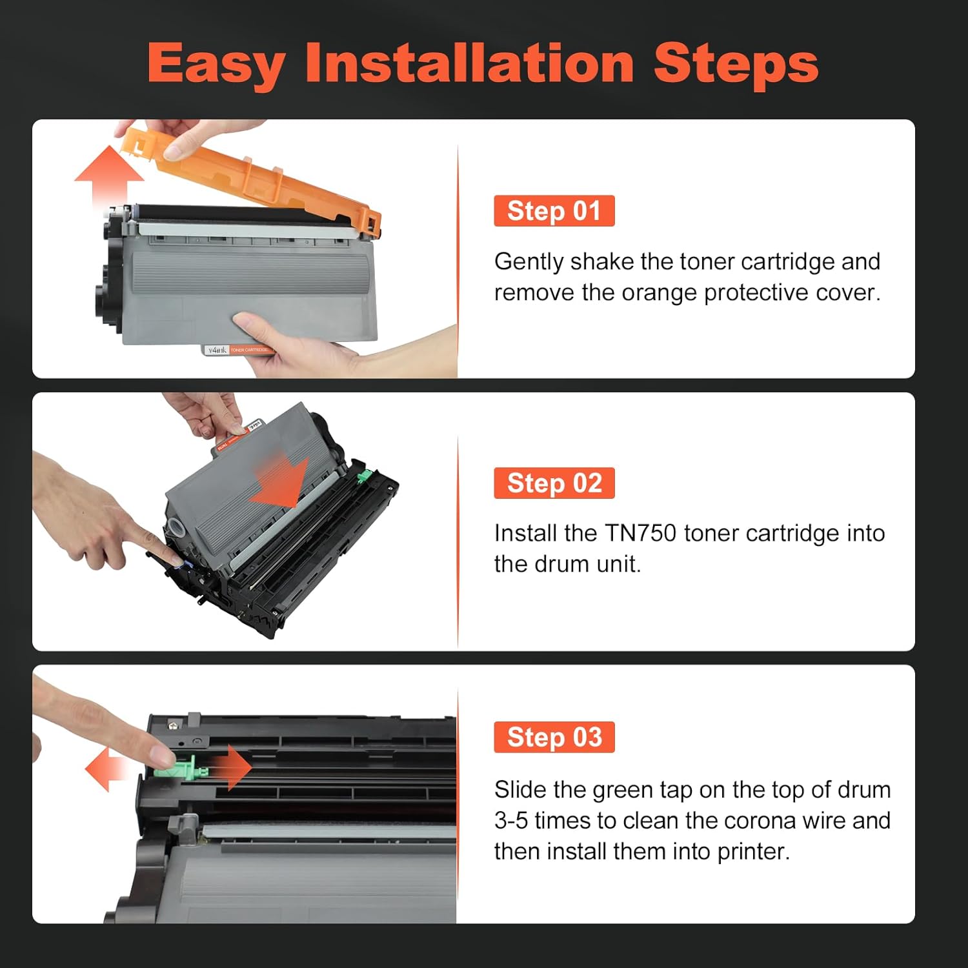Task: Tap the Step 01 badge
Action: pos(554,211)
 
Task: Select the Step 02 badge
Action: pos(554,483)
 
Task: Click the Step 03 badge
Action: pos(554,737)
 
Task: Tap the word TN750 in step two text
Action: pos(640,533)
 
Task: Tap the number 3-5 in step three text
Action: pos(511,821)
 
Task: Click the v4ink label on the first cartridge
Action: pos(217,350)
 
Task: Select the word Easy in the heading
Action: pos(216,65)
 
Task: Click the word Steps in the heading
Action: pos(736,65)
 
